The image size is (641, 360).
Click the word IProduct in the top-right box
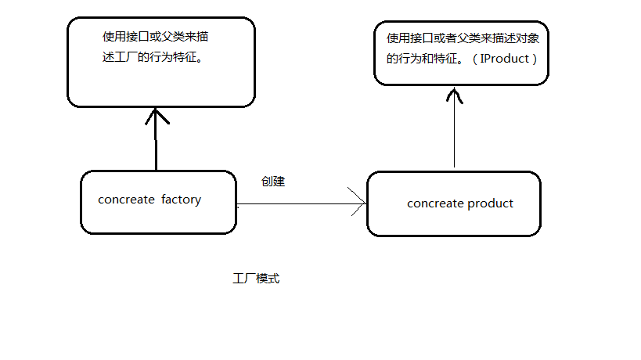click(x=505, y=59)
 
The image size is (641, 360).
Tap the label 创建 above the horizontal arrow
click(x=272, y=182)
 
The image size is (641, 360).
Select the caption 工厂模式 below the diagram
click(x=256, y=279)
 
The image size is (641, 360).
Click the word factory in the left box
click(x=181, y=200)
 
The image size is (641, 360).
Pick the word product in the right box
click(x=490, y=203)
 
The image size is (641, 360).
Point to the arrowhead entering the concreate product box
click(x=361, y=203)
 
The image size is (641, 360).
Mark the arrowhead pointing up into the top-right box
click(x=454, y=95)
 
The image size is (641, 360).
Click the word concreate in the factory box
click(x=126, y=200)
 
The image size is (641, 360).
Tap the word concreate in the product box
click(x=435, y=203)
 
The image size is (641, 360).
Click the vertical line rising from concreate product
click(x=454, y=137)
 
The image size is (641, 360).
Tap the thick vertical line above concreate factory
click(x=157, y=149)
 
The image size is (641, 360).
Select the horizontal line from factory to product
click(x=297, y=203)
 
